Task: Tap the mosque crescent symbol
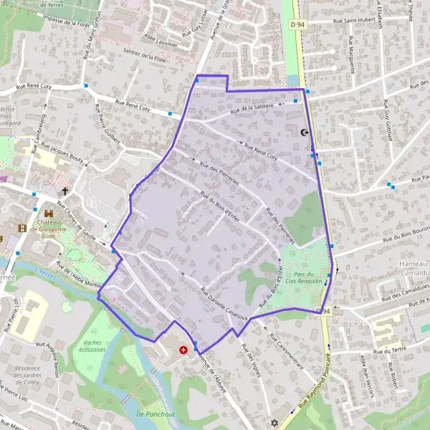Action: [305, 133]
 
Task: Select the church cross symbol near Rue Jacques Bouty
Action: [65, 191]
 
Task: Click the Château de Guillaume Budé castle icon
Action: [49, 214]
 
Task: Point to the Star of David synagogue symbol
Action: [272, 423]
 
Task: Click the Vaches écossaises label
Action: [97, 346]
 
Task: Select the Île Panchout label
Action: [156, 414]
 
